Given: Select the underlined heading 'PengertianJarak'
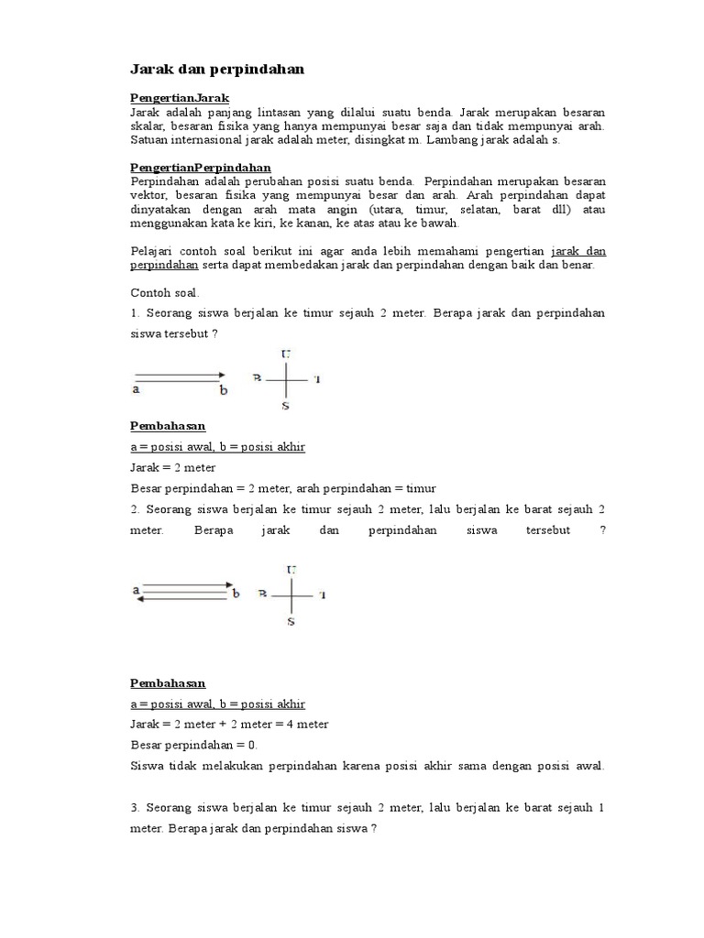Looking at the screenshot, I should [180, 97].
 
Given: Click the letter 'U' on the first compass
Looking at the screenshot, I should [289, 353].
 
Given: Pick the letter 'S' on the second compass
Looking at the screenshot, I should [291, 622].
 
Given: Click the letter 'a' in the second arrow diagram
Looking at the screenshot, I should [136, 590].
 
